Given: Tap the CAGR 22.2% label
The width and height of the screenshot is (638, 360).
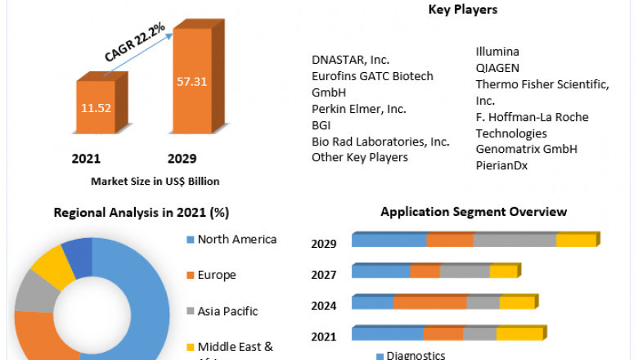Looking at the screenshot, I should pyautogui.click(x=135, y=43).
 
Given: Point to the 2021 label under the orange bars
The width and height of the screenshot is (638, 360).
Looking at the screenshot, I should pyautogui.click(x=87, y=158).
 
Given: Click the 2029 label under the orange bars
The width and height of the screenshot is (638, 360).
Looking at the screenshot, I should pyautogui.click(x=181, y=158).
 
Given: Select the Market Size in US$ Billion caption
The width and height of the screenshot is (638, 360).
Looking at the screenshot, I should pyautogui.click(x=155, y=181).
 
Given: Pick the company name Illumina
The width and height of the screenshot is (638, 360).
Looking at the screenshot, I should pyautogui.click(x=498, y=52).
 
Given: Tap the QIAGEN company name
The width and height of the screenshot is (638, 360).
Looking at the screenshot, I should pyautogui.click(x=497, y=68).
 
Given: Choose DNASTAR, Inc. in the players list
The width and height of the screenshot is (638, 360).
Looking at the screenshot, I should pyautogui.click(x=350, y=60).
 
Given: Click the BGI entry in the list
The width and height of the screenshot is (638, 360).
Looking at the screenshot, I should pyautogui.click(x=321, y=125).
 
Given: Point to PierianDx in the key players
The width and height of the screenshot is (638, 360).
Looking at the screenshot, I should pyautogui.click(x=502, y=165).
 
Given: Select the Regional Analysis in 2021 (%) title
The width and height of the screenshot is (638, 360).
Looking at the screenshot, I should pyautogui.click(x=141, y=213).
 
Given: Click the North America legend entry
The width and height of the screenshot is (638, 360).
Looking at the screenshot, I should pyautogui.click(x=237, y=240).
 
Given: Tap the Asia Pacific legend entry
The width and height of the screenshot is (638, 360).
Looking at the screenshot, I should pyautogui.click(x=227, y=311).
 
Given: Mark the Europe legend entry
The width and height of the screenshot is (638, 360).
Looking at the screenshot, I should pyautogui.click(x=217, y=275).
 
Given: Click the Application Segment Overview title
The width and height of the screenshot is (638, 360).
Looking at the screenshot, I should pyautogui.click(x=474, y=212).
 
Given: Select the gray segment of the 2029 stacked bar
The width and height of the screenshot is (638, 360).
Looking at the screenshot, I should pyautogui.click(x=514, y=240).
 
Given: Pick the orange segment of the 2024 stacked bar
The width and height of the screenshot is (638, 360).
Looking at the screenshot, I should pyautogui.click(x=429, y=303).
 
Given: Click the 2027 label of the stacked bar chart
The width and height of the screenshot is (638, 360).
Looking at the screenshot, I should pyautogui.click(x=324, y=275).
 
